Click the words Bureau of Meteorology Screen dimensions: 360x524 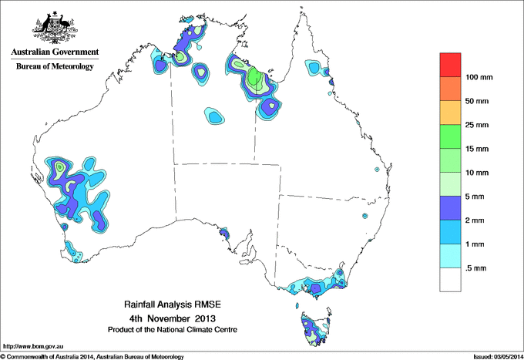55,67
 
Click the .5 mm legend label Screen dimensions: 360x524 478,267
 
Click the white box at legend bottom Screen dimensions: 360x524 450,279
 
